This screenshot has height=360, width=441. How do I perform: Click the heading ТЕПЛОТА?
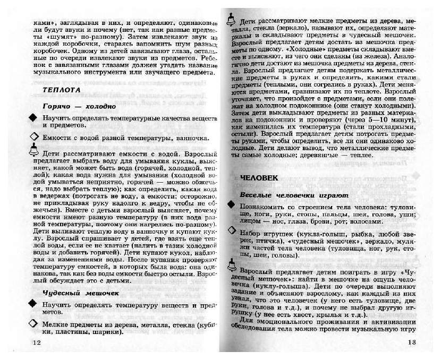point(62,90)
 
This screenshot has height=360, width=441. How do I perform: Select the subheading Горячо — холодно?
point(79,106)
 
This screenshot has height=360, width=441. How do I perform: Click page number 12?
point(36,342)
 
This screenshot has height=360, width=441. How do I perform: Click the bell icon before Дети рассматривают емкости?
point(34,150)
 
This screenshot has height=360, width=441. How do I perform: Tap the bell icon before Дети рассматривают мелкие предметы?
point(231,19)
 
